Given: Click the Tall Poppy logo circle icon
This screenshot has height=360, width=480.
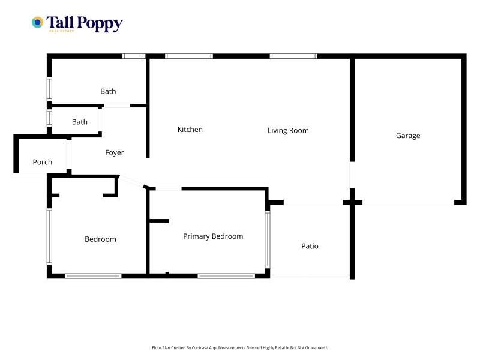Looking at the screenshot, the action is (x=37, y=22).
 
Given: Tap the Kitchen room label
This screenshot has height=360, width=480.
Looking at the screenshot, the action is (x=190, y=130).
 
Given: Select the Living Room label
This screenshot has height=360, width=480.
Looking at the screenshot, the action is (x=288, y=130).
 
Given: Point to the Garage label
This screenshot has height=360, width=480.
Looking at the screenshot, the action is (x=408, y=136).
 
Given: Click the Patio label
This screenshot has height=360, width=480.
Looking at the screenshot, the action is (x=310, y=246).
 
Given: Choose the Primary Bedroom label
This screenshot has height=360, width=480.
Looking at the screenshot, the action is (x=213, y=236).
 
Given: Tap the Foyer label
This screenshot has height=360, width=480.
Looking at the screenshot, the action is (x=115, y=152).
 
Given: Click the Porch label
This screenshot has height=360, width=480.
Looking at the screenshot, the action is (x=42, y=162).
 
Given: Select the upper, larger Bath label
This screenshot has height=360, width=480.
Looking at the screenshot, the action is (x=108, y=91).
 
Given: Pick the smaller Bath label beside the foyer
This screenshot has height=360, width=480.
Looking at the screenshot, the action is (x=80, y=122).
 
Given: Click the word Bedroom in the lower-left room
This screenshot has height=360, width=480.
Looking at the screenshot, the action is (x=100, y=239).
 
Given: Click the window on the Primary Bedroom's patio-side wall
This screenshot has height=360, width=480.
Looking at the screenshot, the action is (x=268, y=239).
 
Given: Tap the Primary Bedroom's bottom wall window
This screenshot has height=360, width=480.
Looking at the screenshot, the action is (x=226, y=276).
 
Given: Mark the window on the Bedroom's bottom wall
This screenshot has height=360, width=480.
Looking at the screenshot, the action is (x=93, y=276).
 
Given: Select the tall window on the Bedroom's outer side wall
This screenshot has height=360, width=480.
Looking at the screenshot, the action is (x=49, y=236).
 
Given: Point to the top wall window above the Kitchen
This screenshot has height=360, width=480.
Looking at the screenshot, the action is (x=189, y=56).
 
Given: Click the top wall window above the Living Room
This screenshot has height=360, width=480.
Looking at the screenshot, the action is (x=293, y=56).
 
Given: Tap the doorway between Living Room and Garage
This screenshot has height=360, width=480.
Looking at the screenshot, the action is (x=352, y=175).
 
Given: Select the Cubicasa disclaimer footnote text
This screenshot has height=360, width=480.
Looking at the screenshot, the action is (x=239, y=348).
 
